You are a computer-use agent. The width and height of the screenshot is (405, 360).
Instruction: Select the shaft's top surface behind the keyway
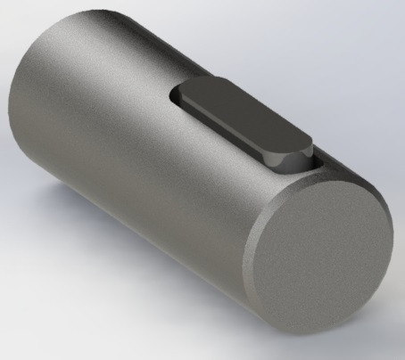(134, 53)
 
